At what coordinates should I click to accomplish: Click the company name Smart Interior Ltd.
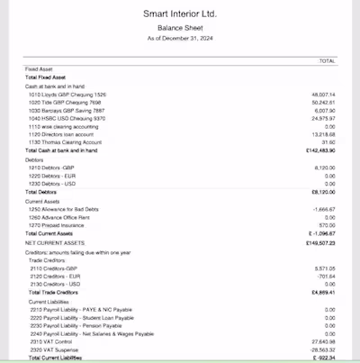(180, 14)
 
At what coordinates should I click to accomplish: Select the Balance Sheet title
(180, 28)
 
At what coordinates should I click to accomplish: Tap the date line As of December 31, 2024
(180, 38)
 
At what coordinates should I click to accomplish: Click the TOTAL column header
(327, 61)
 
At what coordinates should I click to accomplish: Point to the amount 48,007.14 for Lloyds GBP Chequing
(322, 94)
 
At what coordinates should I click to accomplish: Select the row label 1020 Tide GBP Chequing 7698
(67, 102)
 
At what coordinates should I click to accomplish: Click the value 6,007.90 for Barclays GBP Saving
(323, 110)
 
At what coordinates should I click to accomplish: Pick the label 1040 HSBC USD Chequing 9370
(67, 118)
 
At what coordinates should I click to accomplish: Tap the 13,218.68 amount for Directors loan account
(322, 134)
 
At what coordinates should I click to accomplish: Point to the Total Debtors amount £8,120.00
(322, 192)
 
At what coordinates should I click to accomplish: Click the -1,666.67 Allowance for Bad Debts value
(323, 208)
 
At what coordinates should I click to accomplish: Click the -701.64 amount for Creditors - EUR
(325, 276)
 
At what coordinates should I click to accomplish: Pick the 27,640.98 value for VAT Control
(322, 341)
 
